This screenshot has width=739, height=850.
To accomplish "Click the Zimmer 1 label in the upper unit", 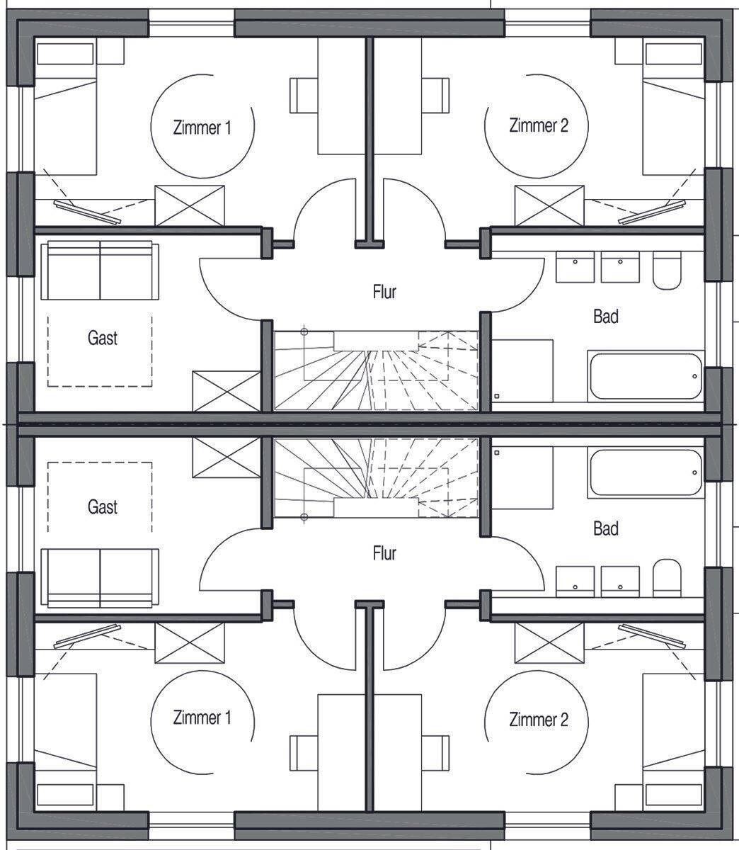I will (x=202, y=128).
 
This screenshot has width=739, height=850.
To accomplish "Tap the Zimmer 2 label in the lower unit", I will (x=538, y=720).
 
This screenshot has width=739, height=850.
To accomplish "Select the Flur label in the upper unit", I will (x=384, y=291).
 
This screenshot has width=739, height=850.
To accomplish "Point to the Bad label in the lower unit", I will (x=606, y=528).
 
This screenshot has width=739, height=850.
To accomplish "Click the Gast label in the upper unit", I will (x=103, y=338).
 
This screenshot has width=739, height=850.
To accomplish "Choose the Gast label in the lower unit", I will (x=103, y=507).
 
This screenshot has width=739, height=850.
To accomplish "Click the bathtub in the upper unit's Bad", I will (x=645, y=375).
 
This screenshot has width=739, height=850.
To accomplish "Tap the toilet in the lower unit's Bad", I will (x=666, y=577).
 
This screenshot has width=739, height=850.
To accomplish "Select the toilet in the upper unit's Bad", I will (x=666, y=271).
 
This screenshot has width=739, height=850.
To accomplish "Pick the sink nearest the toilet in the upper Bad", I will (x=620, y=266).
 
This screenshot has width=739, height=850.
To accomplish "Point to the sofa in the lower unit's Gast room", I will (x=100, y=577).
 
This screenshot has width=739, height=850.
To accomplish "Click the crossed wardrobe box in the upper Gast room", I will (x=227, y=390).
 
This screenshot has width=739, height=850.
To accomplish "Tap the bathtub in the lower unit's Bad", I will (x=645, y=473).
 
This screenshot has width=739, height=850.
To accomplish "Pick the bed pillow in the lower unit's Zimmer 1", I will (x=65, y=795).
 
